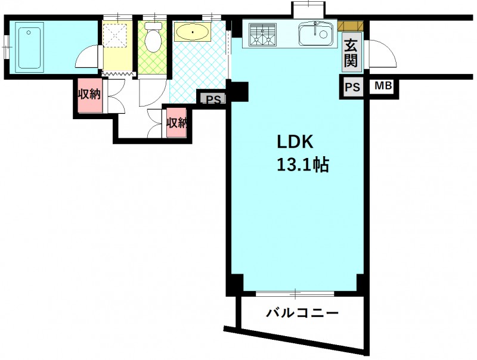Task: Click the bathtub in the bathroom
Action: (29, 48)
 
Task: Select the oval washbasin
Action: (192, 32)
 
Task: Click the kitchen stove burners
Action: (262, 35)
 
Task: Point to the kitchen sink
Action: (315, 34)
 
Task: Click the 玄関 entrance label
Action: (351, 53)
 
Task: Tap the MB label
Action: (383, 86)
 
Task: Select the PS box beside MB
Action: (352, 87)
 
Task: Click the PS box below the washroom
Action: (213, 98)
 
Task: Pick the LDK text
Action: (295, 142)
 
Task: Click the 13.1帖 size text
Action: (303, 165)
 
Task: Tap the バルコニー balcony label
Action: (302, 312)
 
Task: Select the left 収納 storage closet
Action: (90, 95)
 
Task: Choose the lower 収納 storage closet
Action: (176, 122)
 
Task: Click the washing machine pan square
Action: (114, 35)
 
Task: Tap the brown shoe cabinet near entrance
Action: (351, 26)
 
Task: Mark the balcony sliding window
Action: (295, 294)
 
